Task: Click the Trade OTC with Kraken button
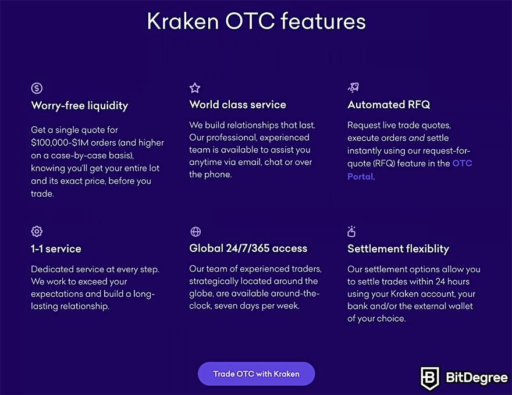pos(257,374)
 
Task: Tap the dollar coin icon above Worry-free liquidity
pos(37,88)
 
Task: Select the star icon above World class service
pos(195,88)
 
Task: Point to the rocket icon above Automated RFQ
pos(353,87)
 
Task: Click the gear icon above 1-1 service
pos(37,232)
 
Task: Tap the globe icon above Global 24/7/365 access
pos(195,232)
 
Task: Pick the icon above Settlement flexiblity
pos(351,231)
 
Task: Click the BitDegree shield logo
pos(429,378)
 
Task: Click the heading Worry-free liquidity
pos(80,106)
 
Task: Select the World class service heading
pos(238,105)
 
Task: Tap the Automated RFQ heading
pos(389,105)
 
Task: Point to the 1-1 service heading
pos(56,249)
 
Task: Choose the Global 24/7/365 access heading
pos(248,248)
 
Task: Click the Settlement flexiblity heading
pos(398,249)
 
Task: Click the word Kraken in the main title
pos(183,22)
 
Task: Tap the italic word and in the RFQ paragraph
pos(417,138)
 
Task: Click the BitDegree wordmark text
pos(477,378)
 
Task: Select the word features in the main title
pos(323,21)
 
